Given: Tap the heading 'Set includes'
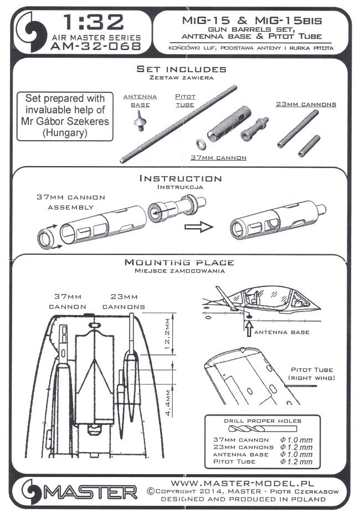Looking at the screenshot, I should tap(182, 69).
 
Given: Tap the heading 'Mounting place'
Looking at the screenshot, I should tap(179, 262).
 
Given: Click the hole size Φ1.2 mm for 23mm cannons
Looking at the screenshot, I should tap(296, 447).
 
